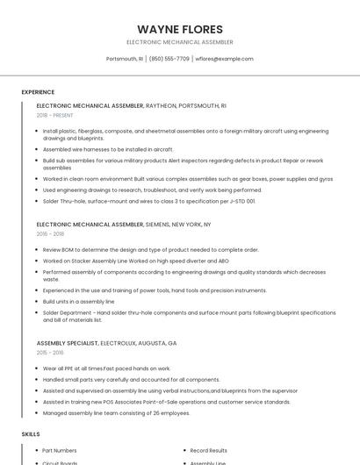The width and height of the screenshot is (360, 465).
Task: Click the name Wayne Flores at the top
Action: [180, 29]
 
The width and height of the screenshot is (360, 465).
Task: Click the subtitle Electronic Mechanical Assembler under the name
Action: [180, 42]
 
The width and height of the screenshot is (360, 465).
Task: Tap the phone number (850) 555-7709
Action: [169, 59]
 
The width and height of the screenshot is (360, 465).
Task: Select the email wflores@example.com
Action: [224, 59]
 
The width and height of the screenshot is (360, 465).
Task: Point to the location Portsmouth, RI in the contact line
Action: [124, 59]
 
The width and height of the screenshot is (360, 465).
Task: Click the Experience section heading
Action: [38, 92]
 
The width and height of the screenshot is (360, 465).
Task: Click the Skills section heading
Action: [30, 434]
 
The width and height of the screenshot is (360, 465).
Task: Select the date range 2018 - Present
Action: [55, 115]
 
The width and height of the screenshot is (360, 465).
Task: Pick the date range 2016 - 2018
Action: [50, 234]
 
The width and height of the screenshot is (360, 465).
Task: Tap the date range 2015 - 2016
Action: [50, 352]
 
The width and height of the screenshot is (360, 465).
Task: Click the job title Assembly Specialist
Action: [67, 342]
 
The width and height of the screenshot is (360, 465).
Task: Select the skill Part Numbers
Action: [60, 450]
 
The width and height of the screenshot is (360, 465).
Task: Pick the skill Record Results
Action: [209, 450]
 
